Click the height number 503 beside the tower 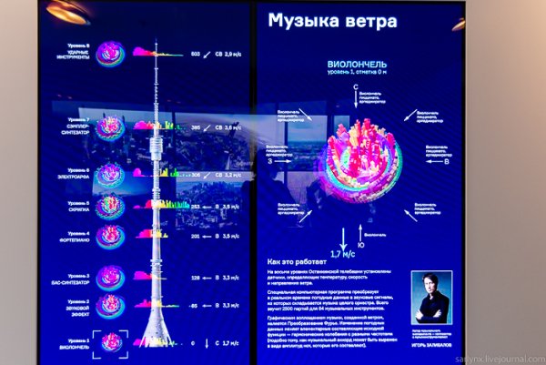pyautogui.click(x=194, y=54)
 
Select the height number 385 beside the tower pyautogui.click(x=194, y=129)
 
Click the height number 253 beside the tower pyautogui.click(x=194, y=206)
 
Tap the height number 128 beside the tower pyautogui.click(x=194, y=277)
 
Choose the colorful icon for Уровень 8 pyautogui.click(x=111, y=53)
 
